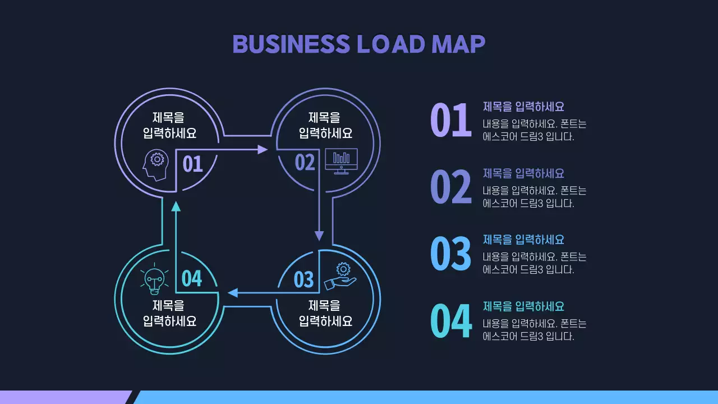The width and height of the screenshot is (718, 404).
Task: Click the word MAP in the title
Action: click(x=458, y=44)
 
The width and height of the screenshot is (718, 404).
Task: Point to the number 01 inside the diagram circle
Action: click(x=192, y=164)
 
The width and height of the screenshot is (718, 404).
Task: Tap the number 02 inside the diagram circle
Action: click(x=305, y=163)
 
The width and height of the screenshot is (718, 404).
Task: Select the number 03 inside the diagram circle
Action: click(x=303, y=279)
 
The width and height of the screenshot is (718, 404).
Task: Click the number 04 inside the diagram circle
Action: click(x=192, y=278)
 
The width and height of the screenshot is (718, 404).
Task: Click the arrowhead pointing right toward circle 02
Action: click(x=263, y=149)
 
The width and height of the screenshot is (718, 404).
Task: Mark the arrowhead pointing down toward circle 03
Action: click(x=319, y=235)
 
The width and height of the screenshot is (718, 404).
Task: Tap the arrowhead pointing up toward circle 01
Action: click(x=176, y=206)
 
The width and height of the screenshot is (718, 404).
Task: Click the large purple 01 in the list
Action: click(x=450, y=120)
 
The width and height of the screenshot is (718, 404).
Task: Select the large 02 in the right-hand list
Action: click(x=450, y=187)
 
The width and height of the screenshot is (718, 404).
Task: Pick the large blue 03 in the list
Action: click(x=450, y=253)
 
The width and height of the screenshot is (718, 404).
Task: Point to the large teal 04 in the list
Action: click(x=450, y=320)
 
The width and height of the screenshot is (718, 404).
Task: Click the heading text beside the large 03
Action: click(x=523, y=240)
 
